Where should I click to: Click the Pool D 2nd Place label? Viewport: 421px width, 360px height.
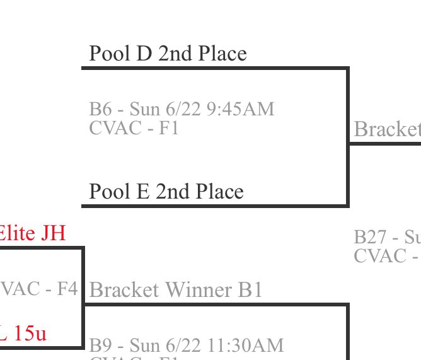(x=168, y=54)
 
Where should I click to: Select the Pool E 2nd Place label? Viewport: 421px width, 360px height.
(x=166, y=191)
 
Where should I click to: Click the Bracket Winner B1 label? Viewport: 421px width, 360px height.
(x=176, y=290)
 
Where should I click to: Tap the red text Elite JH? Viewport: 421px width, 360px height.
(x=32, y=233)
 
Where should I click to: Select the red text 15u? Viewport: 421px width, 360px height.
(x=30, y=333)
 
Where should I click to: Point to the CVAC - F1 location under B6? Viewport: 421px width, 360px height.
(x=134, y=128)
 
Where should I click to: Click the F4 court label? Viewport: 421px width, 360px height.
(x=67, y=289)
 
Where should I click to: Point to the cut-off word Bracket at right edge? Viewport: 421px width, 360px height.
(x=387, y=129)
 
